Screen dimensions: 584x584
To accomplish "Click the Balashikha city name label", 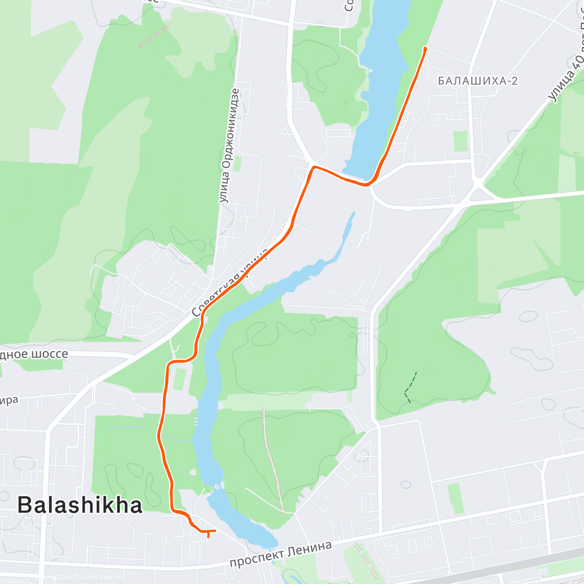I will [80, 505].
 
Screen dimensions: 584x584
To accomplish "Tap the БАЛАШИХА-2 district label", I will [478, 81].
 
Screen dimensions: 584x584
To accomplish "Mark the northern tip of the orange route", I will [426, 48].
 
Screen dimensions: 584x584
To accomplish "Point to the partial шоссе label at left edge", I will [34, 354].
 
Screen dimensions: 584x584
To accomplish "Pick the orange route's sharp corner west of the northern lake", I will [314, 167].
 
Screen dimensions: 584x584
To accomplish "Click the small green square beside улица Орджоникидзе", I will [237, 164].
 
